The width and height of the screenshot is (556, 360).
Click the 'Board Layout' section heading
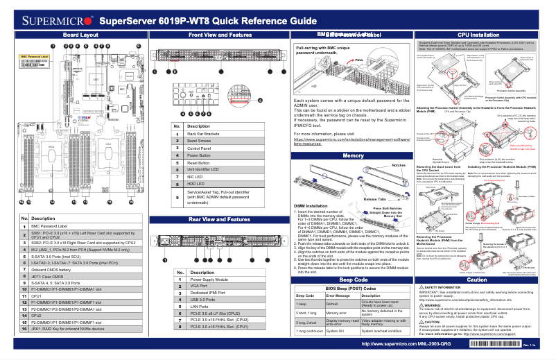point(80,34)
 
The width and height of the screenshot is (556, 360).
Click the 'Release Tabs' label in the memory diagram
point(374,198)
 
